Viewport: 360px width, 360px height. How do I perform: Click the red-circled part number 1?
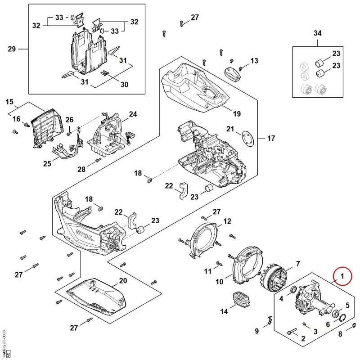pos(342,276)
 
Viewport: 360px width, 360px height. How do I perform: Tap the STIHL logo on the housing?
pos(85,235)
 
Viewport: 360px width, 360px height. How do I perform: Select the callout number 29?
pos(12,49)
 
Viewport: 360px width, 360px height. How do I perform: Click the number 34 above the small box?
pos(318,33)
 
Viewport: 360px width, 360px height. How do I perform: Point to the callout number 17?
pos(271,138)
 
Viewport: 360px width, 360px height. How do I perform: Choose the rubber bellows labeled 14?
pos(241,299)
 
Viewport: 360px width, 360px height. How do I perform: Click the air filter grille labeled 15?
pos(47,128)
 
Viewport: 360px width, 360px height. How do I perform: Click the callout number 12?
pos(227,221)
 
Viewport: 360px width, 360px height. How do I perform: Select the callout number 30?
pos(124,85)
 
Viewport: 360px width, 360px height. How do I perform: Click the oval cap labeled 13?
pos(232,74)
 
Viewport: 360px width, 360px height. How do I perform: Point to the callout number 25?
pos(47,164)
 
